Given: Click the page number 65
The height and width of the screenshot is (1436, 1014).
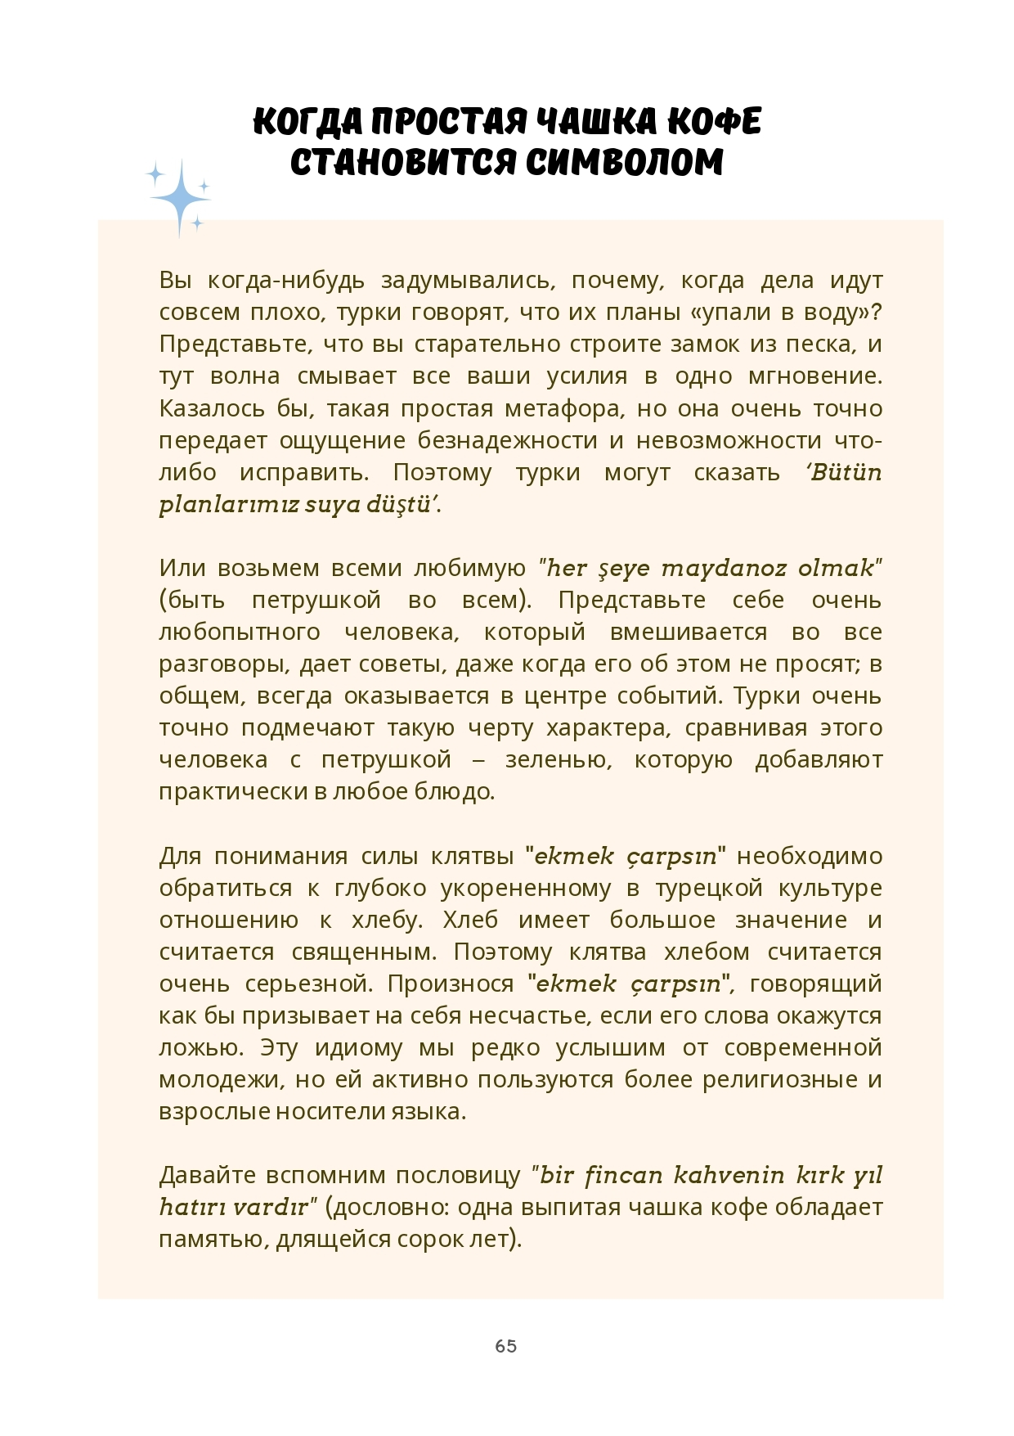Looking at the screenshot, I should pyautogui.click(x=505, y=1346).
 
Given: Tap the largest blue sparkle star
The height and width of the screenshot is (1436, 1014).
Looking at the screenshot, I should pyautogui.click(x=181, y=198).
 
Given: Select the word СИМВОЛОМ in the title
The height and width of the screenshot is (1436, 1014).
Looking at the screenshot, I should pyautogui.click(x=624, y=162).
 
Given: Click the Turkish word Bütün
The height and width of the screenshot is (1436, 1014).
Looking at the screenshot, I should pyautogui.click(x=846, y=472).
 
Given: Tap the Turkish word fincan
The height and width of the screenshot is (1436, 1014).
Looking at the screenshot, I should pyautogui.click(x=622, y=1175).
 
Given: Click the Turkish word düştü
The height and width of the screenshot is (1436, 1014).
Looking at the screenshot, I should pyautogui.click(x=397, y=504).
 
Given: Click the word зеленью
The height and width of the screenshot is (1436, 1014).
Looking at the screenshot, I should pyautogui.click(x=558, y=759).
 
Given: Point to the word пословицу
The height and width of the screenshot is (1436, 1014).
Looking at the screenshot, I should pyautogui.click(x=458, y=1175).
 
